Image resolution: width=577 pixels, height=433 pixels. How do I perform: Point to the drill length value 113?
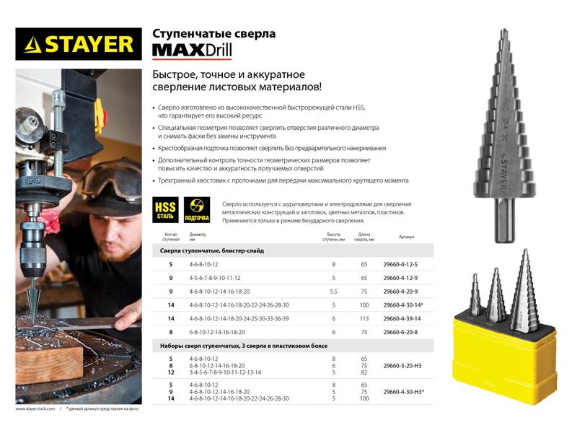click(x=364, y=319)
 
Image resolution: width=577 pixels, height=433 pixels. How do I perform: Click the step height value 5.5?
click(x=333, y=292)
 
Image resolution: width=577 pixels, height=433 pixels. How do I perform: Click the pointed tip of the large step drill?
click(x=503, y=33)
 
